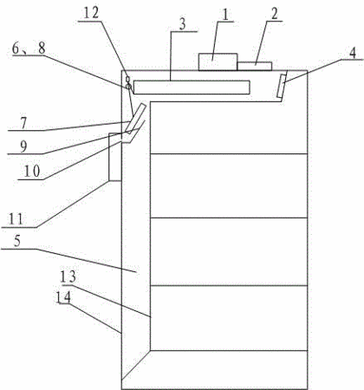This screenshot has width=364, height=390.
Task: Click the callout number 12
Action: tap(91, 13)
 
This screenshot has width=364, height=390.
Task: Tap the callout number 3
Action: tap(182, 24)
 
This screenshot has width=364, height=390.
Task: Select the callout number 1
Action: tap(225, 15)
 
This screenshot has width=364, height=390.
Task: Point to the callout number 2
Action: tap(274, 14)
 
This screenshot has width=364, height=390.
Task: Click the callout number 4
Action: tap(353, 53)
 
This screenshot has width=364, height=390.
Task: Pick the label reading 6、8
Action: tap(29, 49)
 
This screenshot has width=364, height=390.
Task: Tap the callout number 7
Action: tap(23, 123)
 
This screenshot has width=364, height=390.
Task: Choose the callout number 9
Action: tap(23, 146)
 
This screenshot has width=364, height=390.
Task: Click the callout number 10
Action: tap(32, 172)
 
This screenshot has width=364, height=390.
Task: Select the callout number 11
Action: tap(16, 219)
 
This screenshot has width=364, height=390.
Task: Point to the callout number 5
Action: tap(17, 241)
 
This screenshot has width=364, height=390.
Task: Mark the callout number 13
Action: tap(68, 276)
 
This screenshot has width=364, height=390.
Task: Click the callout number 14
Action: tap(63, 296)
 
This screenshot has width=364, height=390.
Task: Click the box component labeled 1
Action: tap(218, 62)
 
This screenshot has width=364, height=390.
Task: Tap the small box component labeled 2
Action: tap(254, 66)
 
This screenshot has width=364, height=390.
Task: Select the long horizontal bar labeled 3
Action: tap(192, 88)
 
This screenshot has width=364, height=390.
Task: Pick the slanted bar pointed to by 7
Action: tap(135, 118)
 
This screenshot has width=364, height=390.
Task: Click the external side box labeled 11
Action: tap(115, 157)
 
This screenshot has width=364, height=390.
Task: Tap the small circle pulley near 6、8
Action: tap(128, 86)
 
